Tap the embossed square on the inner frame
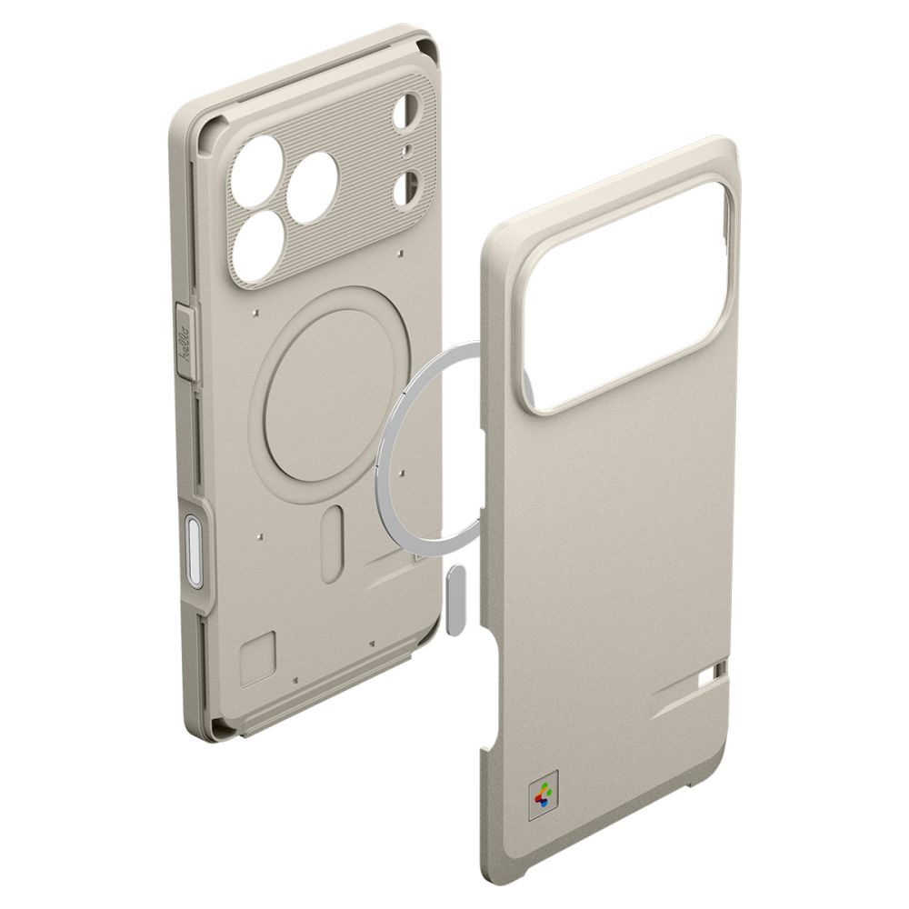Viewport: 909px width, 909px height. pos(256,656)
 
